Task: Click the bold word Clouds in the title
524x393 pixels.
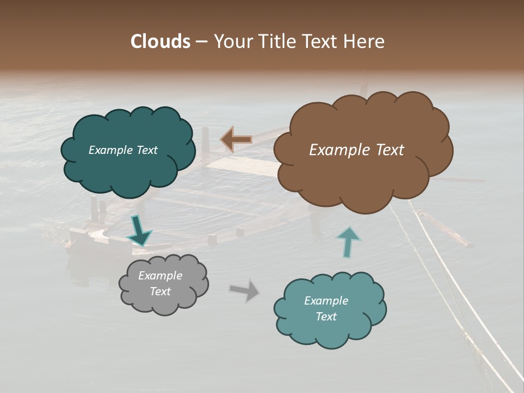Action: point(160,41)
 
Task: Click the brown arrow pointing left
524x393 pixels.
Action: point(236,140)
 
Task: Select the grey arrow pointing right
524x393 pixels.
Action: point(245,290)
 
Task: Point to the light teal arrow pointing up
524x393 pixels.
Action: point(348,242)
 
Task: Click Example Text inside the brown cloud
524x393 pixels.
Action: point(356,150)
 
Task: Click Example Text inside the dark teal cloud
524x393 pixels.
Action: point(123,150)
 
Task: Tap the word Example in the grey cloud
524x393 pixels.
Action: point(160,276)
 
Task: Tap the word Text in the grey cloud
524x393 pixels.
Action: point(160,291)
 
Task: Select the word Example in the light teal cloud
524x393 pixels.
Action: point(326,301)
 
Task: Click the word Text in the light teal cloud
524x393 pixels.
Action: point(326,317)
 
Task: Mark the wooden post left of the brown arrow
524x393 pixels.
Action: point(205,143)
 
